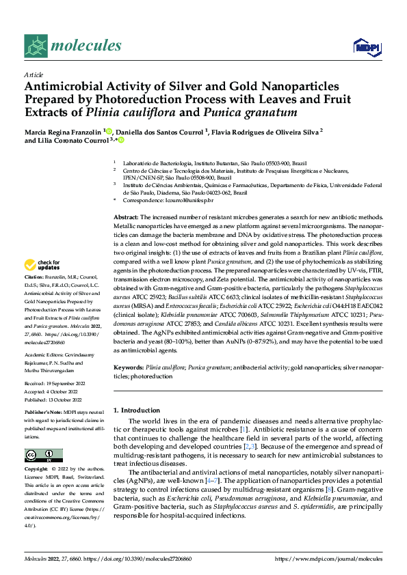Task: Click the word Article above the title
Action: coord(34,74)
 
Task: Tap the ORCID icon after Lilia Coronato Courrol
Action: coord(121,140)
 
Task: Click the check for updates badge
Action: coord(42,265)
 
